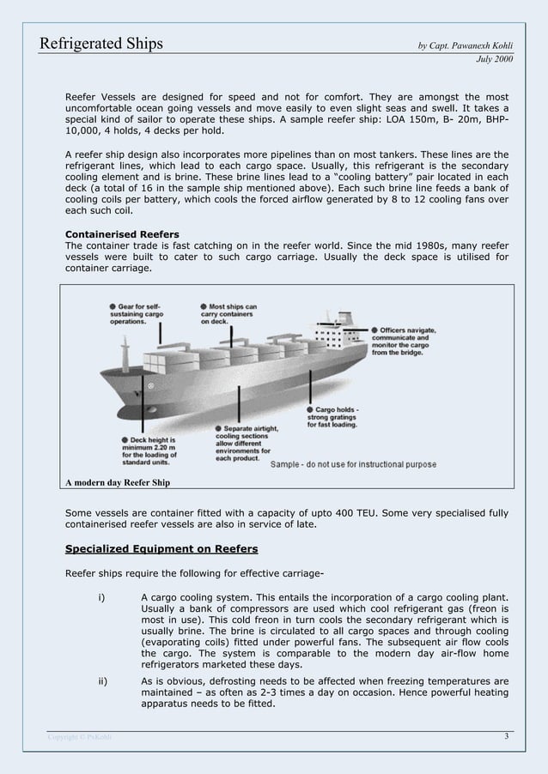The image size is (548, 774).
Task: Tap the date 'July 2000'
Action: point(495,60)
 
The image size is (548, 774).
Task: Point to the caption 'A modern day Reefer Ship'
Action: point(118,482)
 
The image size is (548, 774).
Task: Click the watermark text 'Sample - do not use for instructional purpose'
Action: point(353,464)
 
